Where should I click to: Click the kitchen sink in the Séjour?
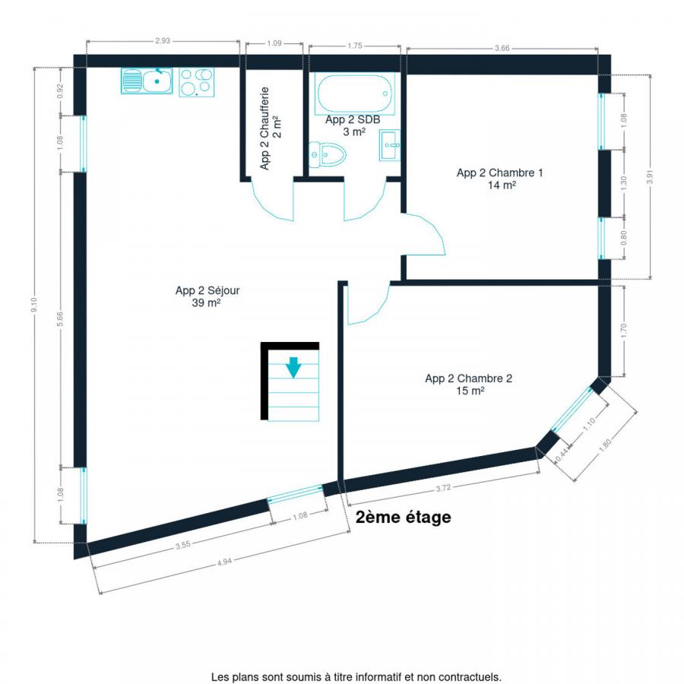pyautogui.click(x=147, y=81)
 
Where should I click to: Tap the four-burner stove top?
pyautogui.click(x=197, y=82)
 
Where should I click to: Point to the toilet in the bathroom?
pyautogui.click(x=328, y=154)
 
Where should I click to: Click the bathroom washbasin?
pyautogui.click(x=390, y=145)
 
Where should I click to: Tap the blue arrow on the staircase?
pyautogui.click(x=293, y=367)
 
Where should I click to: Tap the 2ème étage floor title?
pyautogui.click(x=404, y=517)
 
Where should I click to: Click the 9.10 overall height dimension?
pyautogui.click(x=34, y=305)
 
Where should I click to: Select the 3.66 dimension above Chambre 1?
pyautogui.click(x=502, y=48)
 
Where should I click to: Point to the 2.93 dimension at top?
pyautogui.click(x=163, y=40)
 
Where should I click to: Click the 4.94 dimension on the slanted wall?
pyautogui.click(x=224, y=562)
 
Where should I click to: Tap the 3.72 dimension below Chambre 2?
pyautogui.click(x=443, y=488)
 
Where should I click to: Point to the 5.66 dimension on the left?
pyautogui.click(x=60, y=319)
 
